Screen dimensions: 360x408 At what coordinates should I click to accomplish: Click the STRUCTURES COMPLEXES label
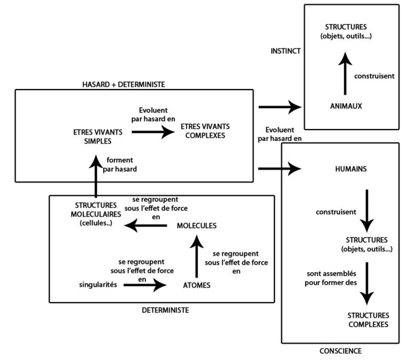click(x=367, y=319)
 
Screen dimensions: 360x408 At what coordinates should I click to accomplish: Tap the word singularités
click(x=98, y=285)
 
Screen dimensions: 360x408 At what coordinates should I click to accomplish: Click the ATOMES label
click(x=196, y=285)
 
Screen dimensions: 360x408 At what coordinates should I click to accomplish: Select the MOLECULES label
click(x=196, y=226)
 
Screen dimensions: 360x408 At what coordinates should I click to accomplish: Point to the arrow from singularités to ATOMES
click(x=145, y=285)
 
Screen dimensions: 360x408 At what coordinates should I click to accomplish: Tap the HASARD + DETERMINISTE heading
click(x=124, y=85)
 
